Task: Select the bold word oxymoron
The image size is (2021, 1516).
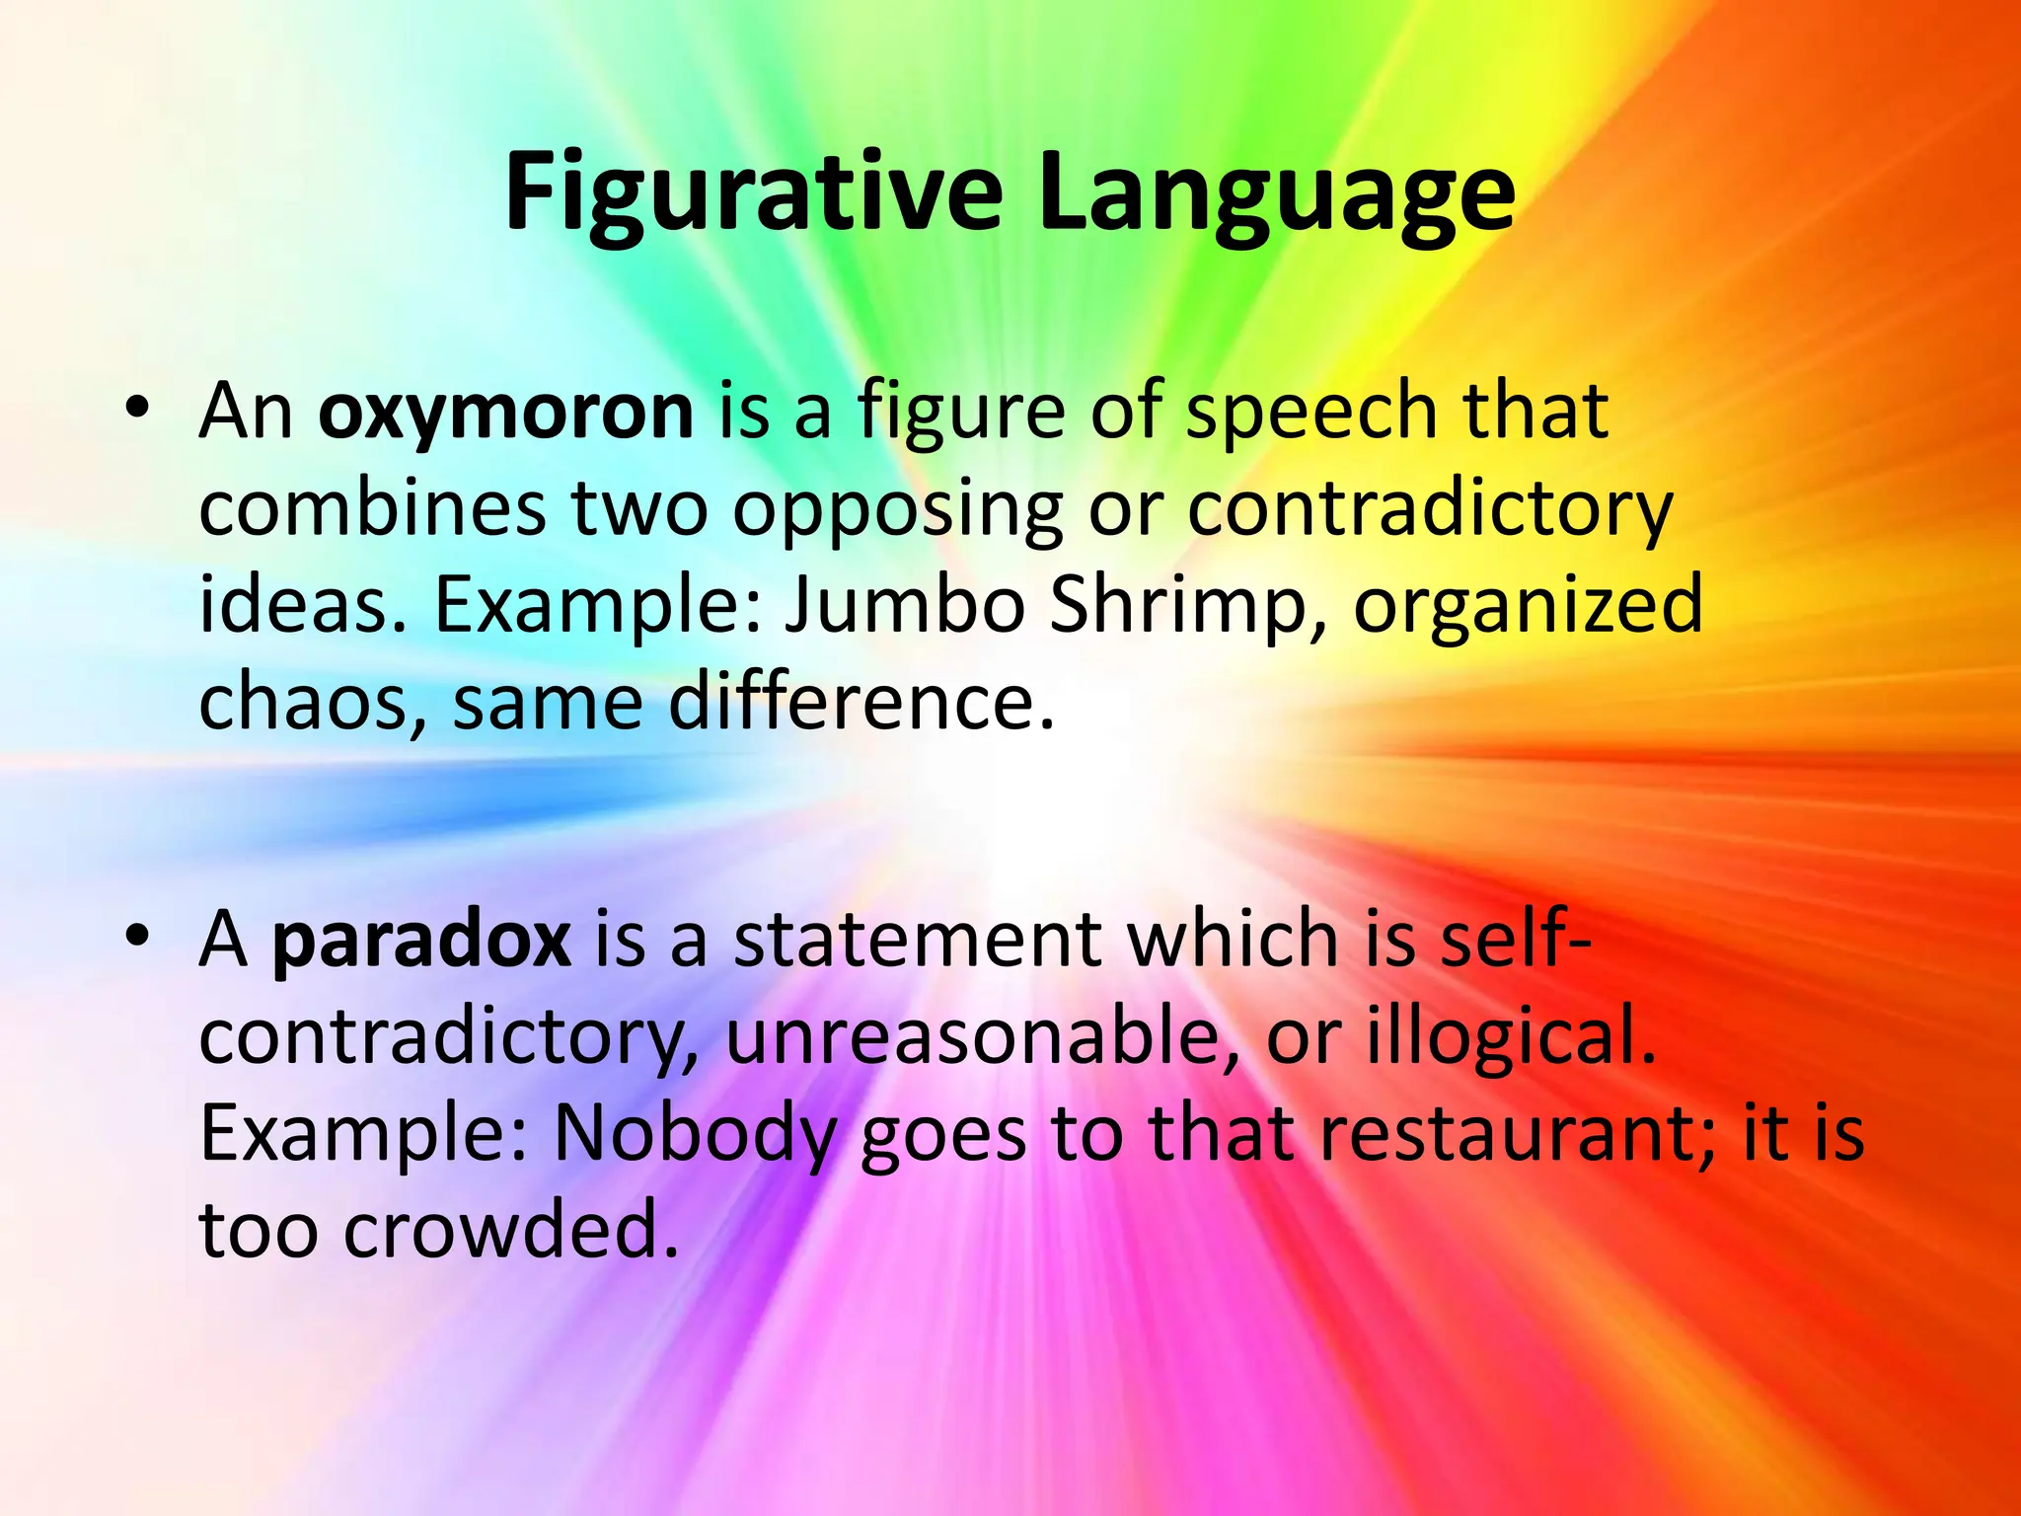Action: click(506, 411)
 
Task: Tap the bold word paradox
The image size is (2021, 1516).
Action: click(421, 939)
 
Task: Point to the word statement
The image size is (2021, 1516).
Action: click(917, 939)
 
